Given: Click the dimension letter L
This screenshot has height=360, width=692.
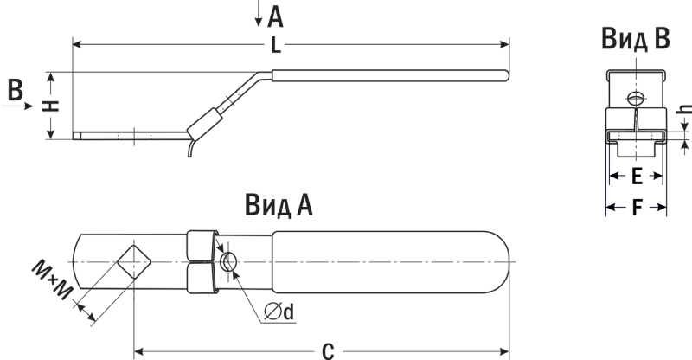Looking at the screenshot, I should pyautogui.click(x=275, y=48).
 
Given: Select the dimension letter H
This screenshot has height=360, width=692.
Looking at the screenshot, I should pyautogui.click(x=52, y=105).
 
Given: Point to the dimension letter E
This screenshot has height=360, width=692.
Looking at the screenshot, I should pyautogui.click(x=636, y=177).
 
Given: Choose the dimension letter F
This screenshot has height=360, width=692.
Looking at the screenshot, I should pyautogui.click(x=636, y=208).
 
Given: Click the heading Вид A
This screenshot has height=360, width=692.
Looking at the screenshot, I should pyautogui.click(x=278, y=204).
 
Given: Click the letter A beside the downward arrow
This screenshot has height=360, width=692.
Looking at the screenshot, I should pyautogui.click(x=276, y=15).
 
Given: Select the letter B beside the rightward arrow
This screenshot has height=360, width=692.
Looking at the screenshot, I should pyautogui.click(x=14, y=88).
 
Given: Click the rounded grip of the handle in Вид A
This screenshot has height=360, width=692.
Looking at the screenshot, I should pyautogui.click(x=389, y=261).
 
